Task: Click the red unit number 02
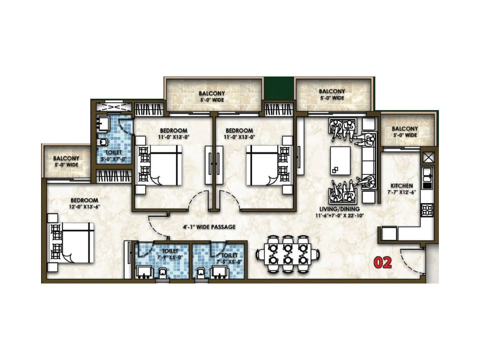[x=383, y=262]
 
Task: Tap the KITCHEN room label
[x=402, y=186]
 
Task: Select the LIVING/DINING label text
[x=339, y=209]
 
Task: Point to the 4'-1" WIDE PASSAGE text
[x=209, y=227]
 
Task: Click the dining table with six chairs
[x=288, y=254]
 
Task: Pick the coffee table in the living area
[x=340, y=160]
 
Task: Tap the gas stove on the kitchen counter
[x=427, y=210]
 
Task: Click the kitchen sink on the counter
[x=427, y=173]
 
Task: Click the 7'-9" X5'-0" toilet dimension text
[x=170, y=257]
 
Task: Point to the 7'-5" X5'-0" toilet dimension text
[x=229, y=262]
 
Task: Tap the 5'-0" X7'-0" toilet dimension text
[x=114, y=159]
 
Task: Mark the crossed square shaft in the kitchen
[x=428, y=157]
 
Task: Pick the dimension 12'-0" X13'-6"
[x=84, y=206]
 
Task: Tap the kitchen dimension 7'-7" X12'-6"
[x=402, y=192]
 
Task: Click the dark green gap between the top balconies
[x=278, y=89]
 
